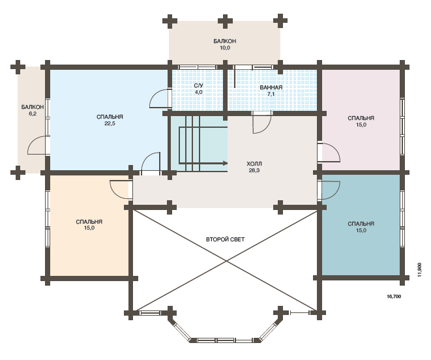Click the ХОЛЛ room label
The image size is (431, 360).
click(254, 164)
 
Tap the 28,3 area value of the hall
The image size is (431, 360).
click(254, 170)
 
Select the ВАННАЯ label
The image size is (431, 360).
click(271, 87)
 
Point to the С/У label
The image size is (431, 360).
click(198, 86)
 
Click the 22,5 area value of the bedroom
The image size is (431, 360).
click(110, 123)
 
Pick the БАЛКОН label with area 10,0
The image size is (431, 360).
click(225, 41)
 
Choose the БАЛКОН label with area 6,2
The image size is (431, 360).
click(33, 107)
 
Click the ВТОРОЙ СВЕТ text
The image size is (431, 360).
click(225, 239)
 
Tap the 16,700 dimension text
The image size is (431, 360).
click(394, 297)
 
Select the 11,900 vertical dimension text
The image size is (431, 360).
click(419, 270)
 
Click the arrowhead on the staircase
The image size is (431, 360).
click(225, 163)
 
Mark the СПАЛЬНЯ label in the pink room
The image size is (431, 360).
click(361, 118)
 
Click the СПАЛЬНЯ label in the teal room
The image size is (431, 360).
click(361, 224)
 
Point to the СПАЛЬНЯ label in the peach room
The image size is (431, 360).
click(89, 222)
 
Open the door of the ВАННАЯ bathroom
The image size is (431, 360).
click(262, 123)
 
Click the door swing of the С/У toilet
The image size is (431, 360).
click(159, 98)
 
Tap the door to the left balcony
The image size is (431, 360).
click(38, 145)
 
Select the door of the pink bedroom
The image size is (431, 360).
click(329, 152)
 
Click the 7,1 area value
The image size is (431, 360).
click(271, 94)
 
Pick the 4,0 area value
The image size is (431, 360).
click(198, 92)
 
